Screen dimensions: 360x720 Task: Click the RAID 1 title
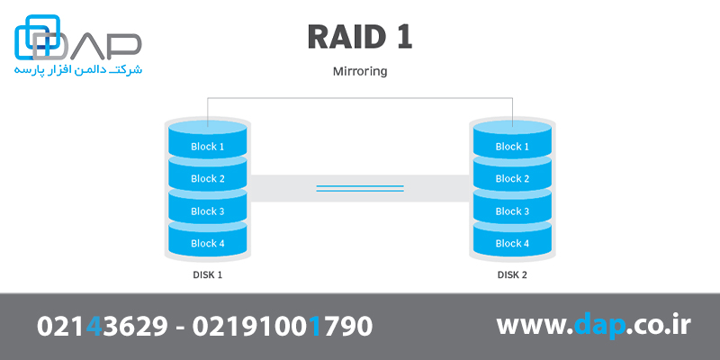[x=360, y=38]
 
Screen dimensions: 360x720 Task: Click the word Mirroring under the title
[x=360, y=70]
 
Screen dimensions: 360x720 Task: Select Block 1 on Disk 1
[x=208, y=146]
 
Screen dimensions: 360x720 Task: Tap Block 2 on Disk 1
[x=208, y=178]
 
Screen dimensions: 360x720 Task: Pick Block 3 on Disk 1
[x=208, y=211]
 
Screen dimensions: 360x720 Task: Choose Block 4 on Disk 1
[x=208, y=243]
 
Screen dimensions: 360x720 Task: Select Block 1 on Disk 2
[x=512, y=146]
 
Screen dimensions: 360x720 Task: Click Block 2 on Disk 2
[x=512, y=178]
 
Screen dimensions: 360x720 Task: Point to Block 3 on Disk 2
[x=512, y=211]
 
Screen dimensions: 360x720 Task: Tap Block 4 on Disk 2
[x=512, y=243]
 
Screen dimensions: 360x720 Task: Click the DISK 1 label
[x=208, y=274]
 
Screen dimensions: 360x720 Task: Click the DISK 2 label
[x=512, y=274]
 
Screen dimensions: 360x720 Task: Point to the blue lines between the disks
[x=360, y=188]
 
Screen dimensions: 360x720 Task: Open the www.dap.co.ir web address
[x=593, y=326]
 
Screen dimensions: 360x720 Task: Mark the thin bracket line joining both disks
[x=360, y=98]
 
